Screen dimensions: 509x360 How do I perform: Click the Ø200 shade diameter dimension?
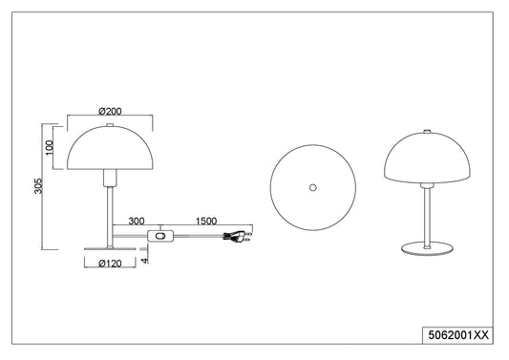pos(110,112)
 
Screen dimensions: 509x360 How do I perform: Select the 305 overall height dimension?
pos(38,185)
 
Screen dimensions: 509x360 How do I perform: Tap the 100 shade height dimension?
pos(49,148)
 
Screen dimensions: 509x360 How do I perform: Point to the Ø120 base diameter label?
pos(110,264)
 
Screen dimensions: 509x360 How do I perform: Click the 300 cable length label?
pos(137,222)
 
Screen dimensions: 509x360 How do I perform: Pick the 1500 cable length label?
pos(206,222)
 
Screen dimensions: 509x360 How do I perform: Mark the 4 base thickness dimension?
pos(144,260)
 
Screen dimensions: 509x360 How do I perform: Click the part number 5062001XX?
pos(458,335)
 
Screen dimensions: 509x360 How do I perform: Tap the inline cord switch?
pos(161,236)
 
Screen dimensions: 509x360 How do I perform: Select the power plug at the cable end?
pos(237,236)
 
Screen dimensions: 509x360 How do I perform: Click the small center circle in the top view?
pos(312,187)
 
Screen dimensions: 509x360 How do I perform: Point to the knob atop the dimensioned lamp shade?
pos(110,125)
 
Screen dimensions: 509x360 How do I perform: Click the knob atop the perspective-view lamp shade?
pos(427,132)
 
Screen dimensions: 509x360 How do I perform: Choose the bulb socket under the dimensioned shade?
pos(110,178)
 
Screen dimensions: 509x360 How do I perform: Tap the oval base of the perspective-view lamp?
pos(427,249)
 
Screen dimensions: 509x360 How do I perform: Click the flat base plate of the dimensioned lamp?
pos(110,249)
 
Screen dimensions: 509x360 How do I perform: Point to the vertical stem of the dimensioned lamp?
pos(110,217)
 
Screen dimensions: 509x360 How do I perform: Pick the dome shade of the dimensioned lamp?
pos(110,148)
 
